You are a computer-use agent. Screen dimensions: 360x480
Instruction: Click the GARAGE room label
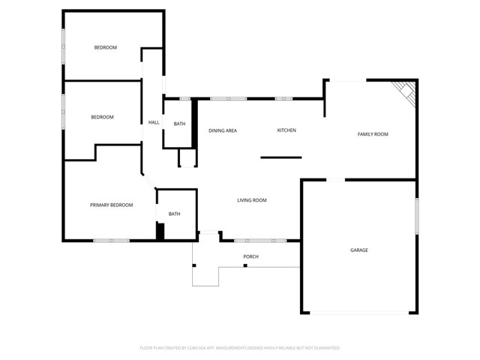click(359, 250)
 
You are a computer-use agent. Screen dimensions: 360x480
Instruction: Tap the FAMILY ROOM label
click(372, 134)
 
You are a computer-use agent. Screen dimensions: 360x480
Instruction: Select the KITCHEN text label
click(286, 130)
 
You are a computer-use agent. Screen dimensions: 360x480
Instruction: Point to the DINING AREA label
click(223, 130)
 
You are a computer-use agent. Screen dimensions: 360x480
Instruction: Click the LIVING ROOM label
click(252, 200)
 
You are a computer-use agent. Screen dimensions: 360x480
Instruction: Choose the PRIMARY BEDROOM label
click(112, 205)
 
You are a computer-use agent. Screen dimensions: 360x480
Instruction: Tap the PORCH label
click(250, 257)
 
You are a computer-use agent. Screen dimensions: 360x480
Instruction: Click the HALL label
click(154, 122)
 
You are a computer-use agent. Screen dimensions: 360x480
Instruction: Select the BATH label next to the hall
click(179, 124)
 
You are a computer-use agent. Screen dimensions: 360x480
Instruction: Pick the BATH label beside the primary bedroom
click(174, 214)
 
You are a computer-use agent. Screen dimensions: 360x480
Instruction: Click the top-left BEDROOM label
click(105, 48)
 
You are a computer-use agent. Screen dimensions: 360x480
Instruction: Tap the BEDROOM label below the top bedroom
click(102, 117)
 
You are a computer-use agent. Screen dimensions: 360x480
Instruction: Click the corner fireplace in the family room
click(406, 91)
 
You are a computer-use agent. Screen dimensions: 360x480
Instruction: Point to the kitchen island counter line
click(280, 157)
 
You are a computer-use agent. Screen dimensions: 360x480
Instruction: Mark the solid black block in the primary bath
click(160, 232)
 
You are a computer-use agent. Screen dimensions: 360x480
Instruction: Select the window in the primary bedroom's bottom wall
click(111, 241)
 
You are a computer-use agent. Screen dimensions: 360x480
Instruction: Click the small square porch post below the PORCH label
click(244, 265)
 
